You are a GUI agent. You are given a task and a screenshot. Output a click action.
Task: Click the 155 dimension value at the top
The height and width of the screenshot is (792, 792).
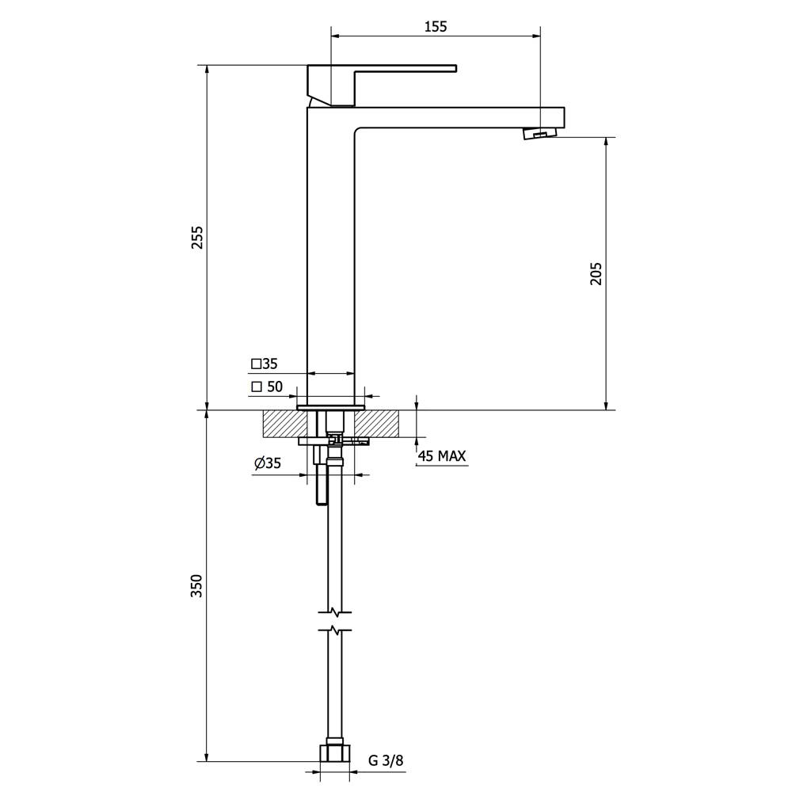point(436,26)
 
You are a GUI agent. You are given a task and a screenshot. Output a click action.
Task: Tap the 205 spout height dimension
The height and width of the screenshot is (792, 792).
point(596,273)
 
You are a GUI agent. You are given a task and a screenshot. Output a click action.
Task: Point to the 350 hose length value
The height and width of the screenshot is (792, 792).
point(196,586)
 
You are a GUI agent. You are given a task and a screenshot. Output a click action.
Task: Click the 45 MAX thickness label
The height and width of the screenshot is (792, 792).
point(441,456)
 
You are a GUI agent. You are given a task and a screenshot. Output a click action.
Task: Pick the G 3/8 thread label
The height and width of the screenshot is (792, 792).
point(386,760)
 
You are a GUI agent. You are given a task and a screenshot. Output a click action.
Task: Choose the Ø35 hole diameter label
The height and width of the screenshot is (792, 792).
point(268,463)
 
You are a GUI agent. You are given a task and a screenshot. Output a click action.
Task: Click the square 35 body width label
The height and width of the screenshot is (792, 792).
point(265,364)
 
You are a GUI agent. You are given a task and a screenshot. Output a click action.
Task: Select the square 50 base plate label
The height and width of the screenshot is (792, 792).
point(267,387)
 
